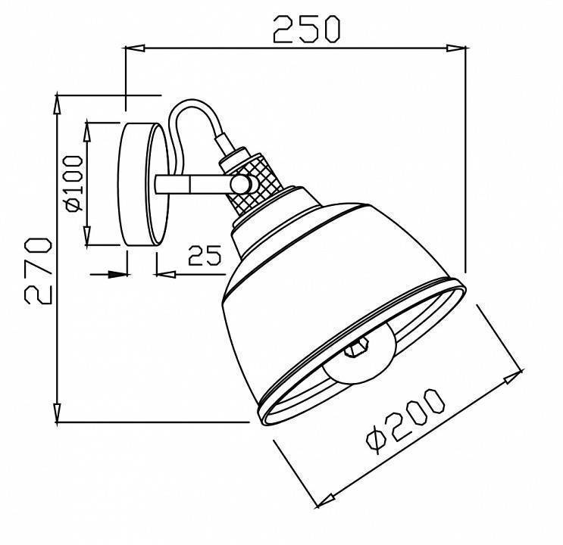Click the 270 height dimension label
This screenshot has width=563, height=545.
pos(36,270)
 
